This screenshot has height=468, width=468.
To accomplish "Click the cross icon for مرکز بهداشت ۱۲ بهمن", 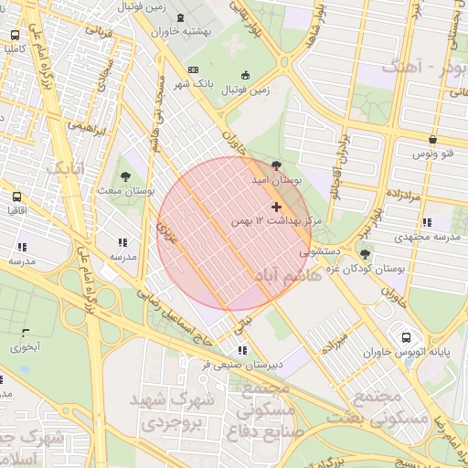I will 277,207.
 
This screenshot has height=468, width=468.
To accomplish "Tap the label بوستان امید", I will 279,181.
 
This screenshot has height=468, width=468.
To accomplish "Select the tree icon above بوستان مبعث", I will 125,176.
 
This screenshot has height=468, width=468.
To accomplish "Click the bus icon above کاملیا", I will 15,35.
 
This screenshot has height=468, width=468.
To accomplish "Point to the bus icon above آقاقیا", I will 16,197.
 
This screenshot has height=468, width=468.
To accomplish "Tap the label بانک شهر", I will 216,83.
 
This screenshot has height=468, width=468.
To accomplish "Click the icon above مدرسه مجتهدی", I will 427,222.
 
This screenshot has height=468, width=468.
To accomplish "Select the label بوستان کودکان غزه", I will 396,269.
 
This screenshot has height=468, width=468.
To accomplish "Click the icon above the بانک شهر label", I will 192,69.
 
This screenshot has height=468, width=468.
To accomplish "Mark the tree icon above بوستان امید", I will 277,165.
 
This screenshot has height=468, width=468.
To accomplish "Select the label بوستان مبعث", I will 125,191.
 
